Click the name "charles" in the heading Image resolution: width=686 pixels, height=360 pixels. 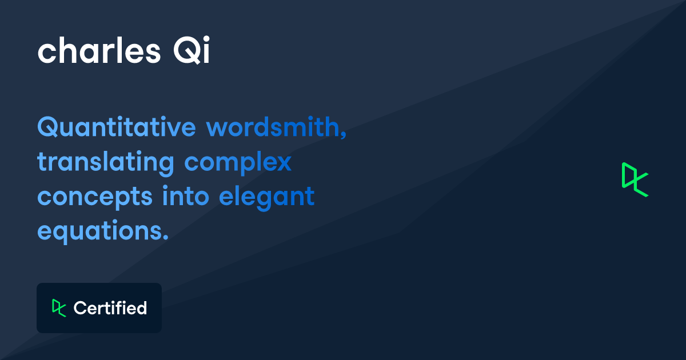pyautogui.click(x=99, y=50)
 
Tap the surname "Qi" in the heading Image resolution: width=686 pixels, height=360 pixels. pyautogui.click(x=192, y=50)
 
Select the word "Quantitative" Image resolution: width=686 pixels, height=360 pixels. pyautogui.click(x=117, y=127)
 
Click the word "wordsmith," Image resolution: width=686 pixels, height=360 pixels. pyautogui.click(x=276, y=127)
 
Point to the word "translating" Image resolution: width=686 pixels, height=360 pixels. pyautogui.click(x=106, y=163)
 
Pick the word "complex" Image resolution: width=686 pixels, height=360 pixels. pyautogui.click(x=238, y=163)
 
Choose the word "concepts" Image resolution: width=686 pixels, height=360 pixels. pyautogui.click(x=95, y=198)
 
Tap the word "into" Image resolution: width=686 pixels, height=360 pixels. pyautogui.click(x=186, y=196)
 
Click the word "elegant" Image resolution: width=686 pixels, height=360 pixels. pyautogui.click(x=267, y=198)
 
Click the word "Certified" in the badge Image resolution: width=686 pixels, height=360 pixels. pyautogui.click(x=110, y=308)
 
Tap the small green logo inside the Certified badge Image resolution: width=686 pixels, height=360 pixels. pyautogui.click(x=59, y=308)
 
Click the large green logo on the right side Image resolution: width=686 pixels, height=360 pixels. pyautogui.click(x=635, y=179)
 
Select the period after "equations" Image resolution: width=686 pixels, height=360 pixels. pyautogui.click(x=166, y=237)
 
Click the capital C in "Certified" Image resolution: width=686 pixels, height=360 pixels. pyautogui.click(x=81, y=308)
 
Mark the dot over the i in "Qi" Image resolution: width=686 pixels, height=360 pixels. pyautogui.click(x=206, y=39)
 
